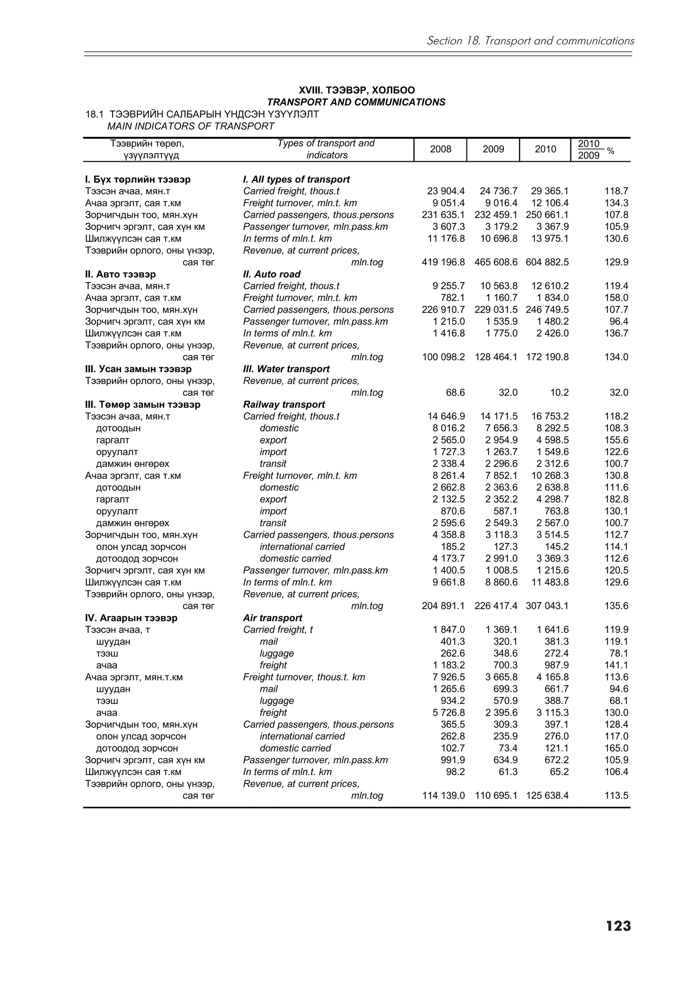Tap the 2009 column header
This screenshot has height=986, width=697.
click(493, 149)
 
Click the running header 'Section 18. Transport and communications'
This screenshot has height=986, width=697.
click(530, 41)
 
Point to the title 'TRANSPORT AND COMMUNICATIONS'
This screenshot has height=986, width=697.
click(356, 102)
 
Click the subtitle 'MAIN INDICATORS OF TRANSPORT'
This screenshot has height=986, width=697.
click(191, 126)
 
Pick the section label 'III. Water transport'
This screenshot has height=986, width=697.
click(286, 369)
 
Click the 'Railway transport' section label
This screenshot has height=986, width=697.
click(284, 405)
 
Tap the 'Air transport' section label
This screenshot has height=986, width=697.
click(272, 618)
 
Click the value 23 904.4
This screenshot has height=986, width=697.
click(446, 191)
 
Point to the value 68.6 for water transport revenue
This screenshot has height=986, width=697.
click(455, 393)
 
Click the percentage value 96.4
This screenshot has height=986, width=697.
click(619, 322)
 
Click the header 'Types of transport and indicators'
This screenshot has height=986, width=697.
click(326, 149)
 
